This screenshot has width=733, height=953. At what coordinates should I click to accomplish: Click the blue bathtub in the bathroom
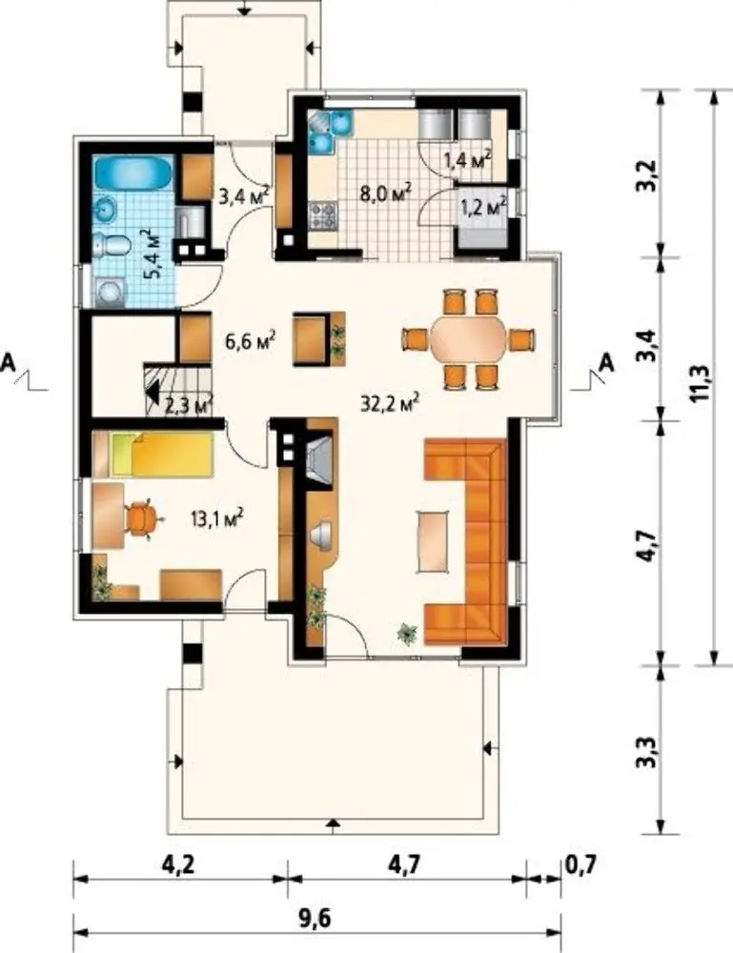[x=133, y=172]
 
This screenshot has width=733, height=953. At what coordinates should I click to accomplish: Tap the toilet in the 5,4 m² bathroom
[x=113, y=245]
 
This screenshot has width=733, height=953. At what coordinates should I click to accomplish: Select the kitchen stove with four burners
[x=323, y=215]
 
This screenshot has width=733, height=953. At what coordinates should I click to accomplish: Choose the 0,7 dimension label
[x=581, y=863]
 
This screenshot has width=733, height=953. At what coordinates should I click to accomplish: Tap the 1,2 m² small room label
[x=484, y=206]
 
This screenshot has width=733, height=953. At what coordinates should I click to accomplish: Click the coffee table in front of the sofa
[x=434, y=541]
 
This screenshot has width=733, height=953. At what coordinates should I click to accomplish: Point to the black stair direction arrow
[x=153, y=393]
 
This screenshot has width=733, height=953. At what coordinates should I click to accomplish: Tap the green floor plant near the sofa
[x=406, y=634]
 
